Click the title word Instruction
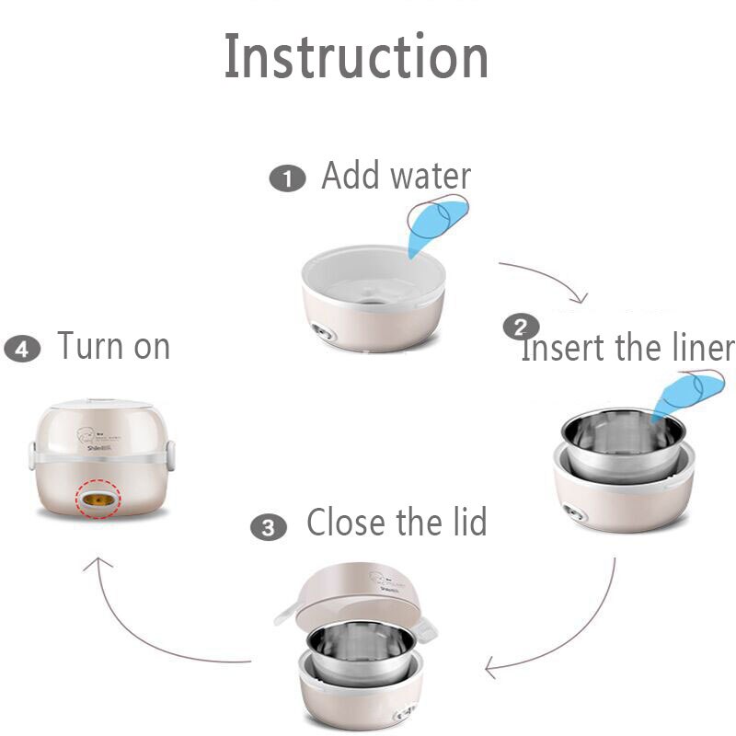356,57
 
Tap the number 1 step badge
286,178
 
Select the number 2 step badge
521,328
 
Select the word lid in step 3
462,523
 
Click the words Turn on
113,347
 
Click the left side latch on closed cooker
32,454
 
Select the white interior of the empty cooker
373,276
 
